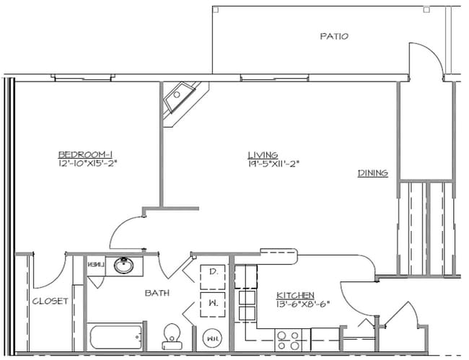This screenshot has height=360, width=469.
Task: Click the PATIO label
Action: [333, 36]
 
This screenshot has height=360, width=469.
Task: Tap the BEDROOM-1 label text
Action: [86, 154]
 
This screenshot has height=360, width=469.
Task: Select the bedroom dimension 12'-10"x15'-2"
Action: [87, 163]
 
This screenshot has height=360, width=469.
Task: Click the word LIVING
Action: [262, 154]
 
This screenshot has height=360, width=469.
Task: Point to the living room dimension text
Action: [273, 164]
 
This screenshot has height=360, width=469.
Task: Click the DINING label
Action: [373, 173]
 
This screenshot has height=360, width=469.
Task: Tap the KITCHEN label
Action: [295, 295]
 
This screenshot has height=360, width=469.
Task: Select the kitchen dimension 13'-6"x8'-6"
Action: [303, 304]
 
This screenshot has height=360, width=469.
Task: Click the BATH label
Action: [157, 293]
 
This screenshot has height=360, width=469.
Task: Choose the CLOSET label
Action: [50, 301]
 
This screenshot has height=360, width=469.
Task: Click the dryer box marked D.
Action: [214, 273]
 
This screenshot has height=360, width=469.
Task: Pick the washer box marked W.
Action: [214, 304]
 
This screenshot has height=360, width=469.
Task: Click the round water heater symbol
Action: [213, 337]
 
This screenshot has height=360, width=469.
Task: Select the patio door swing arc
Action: [427, 58]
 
